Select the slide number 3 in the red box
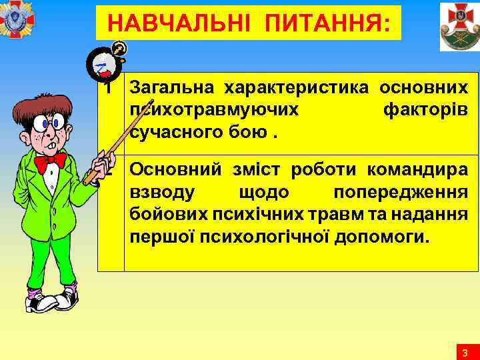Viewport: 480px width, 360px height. tap(465, 352)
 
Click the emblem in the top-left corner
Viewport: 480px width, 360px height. tap(17, 20)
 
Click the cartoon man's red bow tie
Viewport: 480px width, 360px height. tap(50, 162)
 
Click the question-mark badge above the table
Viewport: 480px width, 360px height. tap(119, 49)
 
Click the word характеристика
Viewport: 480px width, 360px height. tap(297, 87)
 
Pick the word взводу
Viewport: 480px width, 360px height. tap(162, 192)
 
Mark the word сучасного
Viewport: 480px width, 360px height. tap(173, 131)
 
